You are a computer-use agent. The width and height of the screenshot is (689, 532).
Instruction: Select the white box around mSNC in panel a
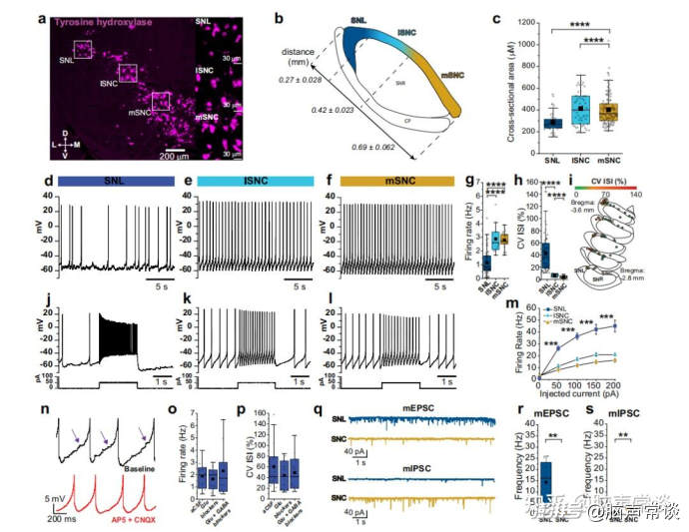pos(161,101)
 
